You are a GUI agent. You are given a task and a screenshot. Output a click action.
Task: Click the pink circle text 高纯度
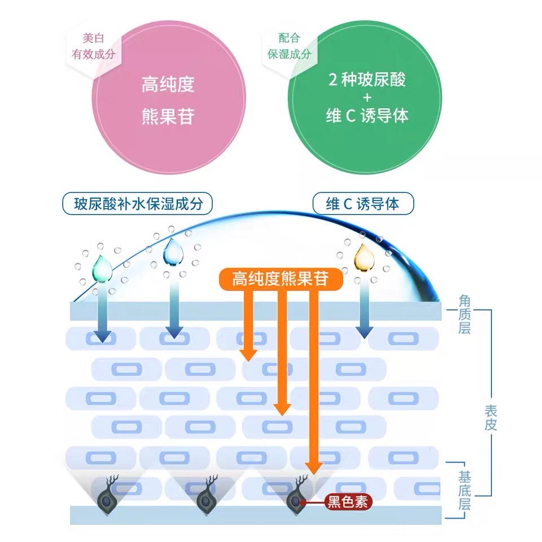pyautogui.click(x=168, y=84)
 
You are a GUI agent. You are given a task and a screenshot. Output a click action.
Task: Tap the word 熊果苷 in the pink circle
pyautogui.click(x=168, y=117)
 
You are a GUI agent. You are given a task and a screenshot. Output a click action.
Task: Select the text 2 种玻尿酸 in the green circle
pyautogui.click(x=367, y=80)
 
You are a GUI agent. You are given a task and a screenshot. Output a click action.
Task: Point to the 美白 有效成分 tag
pyautogui.click(x=93, y=46)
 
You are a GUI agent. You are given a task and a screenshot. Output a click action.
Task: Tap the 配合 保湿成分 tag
pyautogui.click(x=289, y=46)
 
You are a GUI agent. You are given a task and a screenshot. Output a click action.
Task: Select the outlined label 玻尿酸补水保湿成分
pyautogui.click(x=138, y=204)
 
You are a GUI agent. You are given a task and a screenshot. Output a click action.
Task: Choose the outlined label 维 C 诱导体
pyautogui.click(x=363, y=204)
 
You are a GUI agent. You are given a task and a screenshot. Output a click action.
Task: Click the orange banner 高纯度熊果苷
pyautogui.click(x=280, y=278)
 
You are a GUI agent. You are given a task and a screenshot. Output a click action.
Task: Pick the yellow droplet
pyautogui.click(x=362, y=257)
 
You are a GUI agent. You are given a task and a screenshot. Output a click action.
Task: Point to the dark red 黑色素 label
pyautogui.click(x=348, y=501)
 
